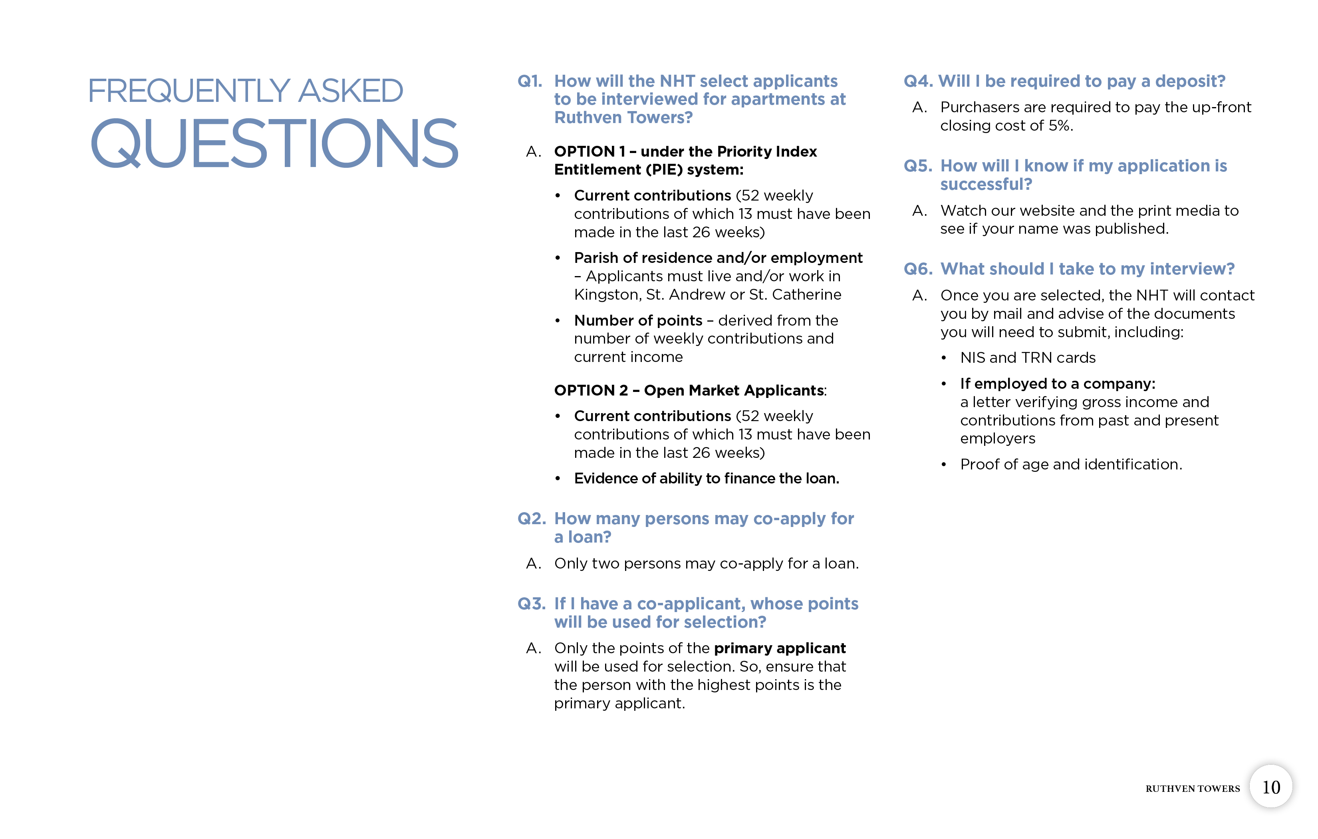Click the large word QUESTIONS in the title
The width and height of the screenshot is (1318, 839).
[x=274, y=143]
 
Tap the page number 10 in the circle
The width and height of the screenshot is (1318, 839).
[x=1270, y=787]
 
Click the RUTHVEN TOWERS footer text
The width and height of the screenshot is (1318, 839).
[x=1192, y=789]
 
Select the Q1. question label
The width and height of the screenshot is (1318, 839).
[x=529, y=81]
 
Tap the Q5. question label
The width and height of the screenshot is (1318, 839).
[x=917, y=166]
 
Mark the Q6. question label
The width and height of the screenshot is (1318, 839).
[x=917, y=269]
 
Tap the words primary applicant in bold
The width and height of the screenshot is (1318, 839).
[x=779, y=648]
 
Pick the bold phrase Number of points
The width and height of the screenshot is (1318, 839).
[x=638, y=320]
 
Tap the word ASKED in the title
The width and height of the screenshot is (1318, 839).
[x=350, y=91]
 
